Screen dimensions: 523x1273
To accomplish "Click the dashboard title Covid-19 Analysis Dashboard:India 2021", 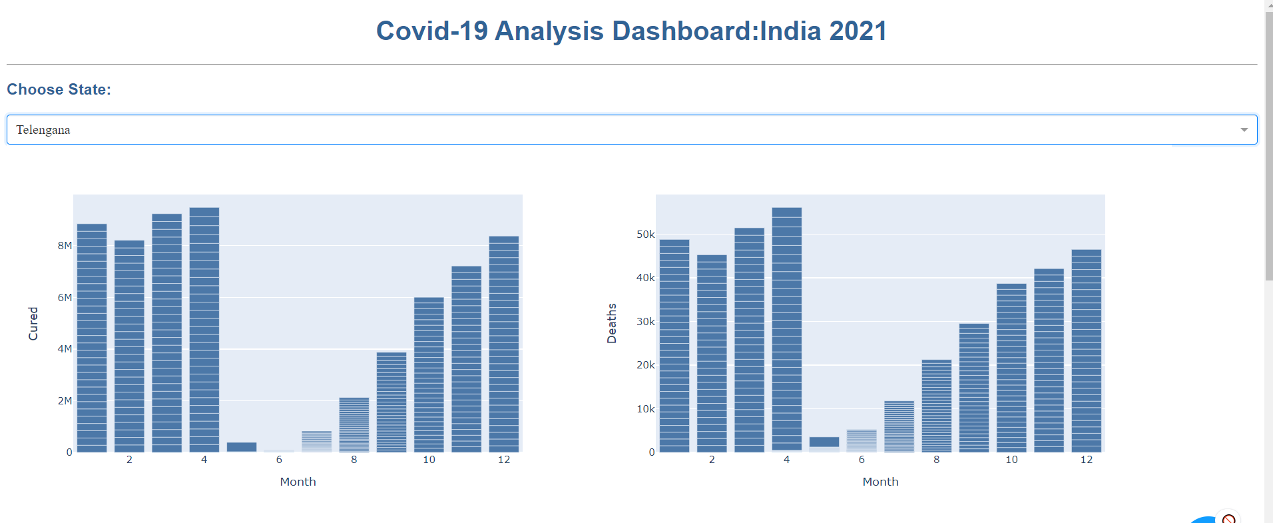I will tap(631, 31).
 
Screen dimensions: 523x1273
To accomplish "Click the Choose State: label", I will tap(59, 90).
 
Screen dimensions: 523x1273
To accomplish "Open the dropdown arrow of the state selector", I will tap(1244, 130).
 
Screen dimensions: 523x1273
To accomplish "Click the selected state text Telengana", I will tap(43, 130).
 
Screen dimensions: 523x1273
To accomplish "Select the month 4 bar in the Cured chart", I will tap(204, 330).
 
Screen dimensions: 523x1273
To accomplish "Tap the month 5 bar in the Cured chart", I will tap(242, 447).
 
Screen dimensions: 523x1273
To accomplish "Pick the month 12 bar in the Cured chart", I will tap(504, 344).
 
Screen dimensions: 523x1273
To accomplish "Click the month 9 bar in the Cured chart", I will tap(391, 402).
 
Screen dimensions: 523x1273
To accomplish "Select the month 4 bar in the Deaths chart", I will tap(787, 330).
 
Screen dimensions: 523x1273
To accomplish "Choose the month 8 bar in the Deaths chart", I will tap(937, 406).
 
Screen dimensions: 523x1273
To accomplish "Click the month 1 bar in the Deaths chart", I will tap(674, 346).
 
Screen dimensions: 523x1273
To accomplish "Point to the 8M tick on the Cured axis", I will tap(65, 246).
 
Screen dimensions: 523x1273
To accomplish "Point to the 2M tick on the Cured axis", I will tap(65, 401).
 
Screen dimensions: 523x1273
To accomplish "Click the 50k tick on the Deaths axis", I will tap(646, 235).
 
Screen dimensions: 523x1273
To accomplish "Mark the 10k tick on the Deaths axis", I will tap(646, 409).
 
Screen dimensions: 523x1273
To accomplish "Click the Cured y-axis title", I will tap(33, 324).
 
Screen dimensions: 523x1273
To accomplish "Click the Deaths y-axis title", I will tap(612, 324).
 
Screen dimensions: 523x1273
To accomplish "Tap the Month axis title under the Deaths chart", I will tap(880, 482).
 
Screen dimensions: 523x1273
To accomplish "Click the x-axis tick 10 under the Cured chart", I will tap(429, 460).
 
